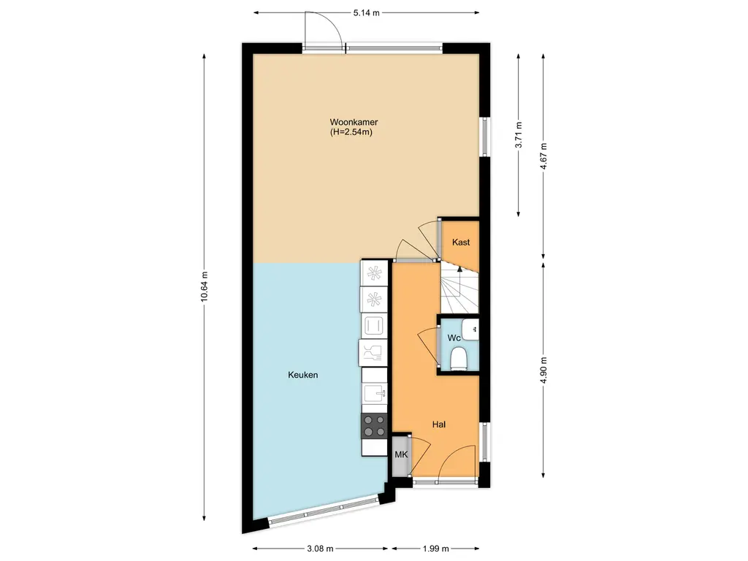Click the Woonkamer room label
coord(354,122)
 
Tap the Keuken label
coord(302,375)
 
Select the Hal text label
coord(438,424)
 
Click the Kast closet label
coord(461,243)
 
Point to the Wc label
coord(454,338)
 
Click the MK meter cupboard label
coord(400,455)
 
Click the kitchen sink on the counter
coord(375,394)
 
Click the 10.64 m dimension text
coord(205,290)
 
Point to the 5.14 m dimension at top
coord(366,12)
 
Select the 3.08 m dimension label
coord(320,549)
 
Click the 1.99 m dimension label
coord(435,549)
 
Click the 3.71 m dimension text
coord(518,135)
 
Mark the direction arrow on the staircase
coord(459,269)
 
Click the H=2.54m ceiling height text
coord(354,133)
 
